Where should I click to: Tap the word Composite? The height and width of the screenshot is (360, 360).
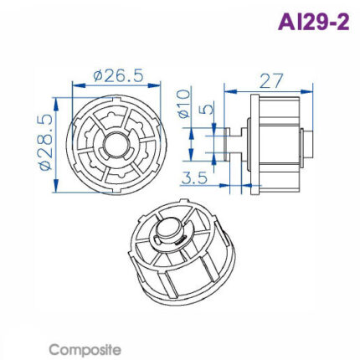[85, 348]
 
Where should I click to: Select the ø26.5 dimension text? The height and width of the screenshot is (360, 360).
[116, 75]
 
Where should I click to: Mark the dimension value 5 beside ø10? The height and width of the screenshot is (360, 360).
[207, 109]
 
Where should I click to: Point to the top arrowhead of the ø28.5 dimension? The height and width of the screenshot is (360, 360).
[54, 100]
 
